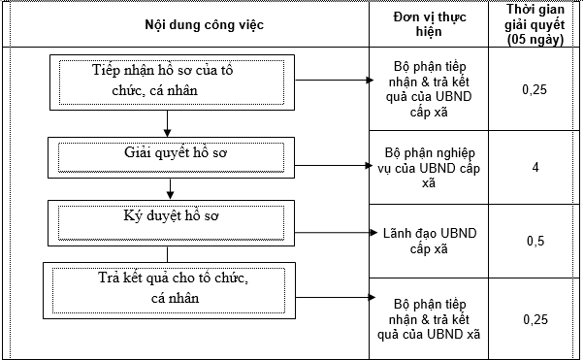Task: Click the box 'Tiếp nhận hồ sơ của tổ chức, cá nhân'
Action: (169, 81)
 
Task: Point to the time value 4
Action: (535, 166)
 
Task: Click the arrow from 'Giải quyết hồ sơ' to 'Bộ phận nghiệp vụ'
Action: (328, 164)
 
